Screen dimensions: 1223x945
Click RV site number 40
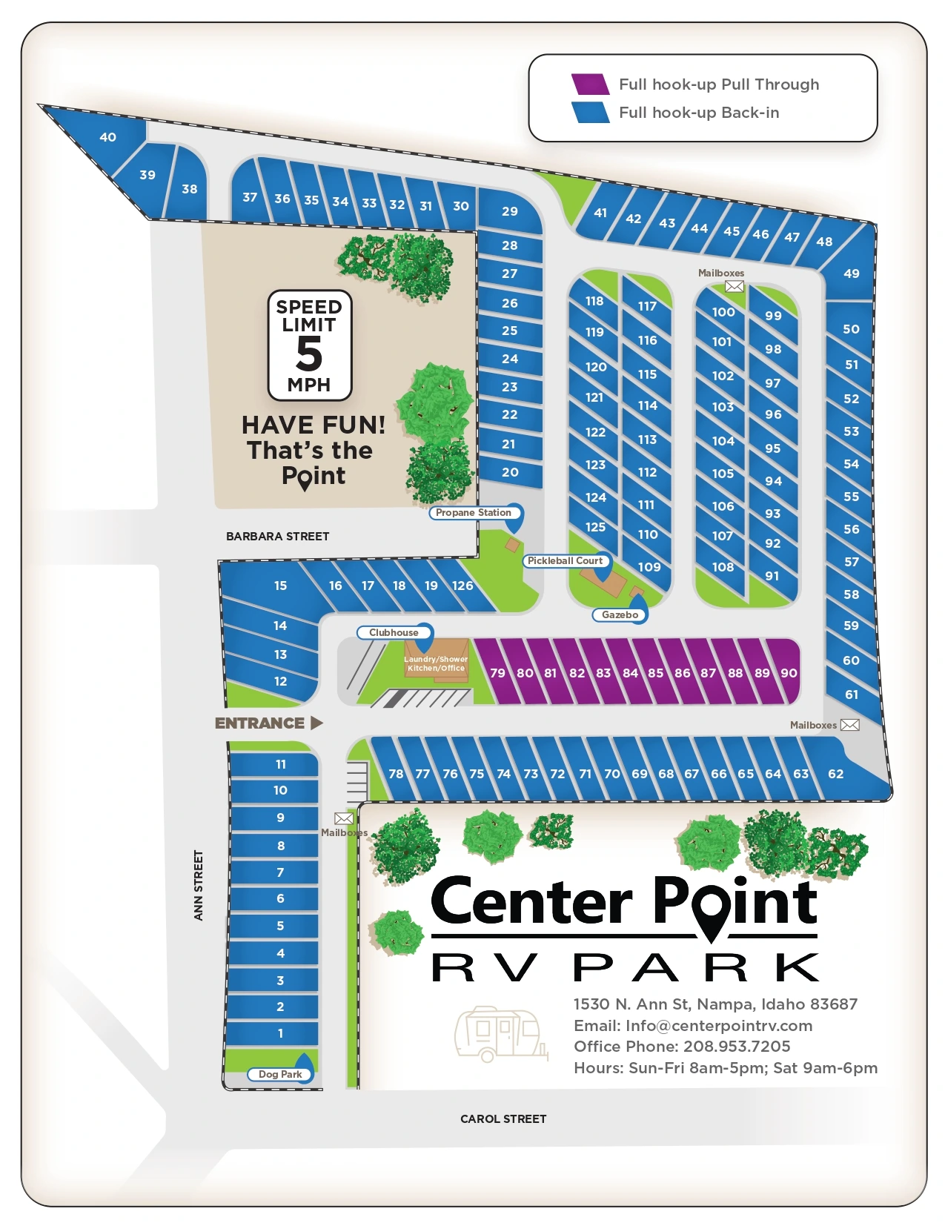pos(107,137)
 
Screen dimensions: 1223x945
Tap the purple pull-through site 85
pos(656,673)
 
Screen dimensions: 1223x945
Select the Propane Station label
pos(474,512)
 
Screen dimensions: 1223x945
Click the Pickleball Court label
pos(565,561)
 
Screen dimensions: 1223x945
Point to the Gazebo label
pos(620,614)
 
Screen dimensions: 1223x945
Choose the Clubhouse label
pos(394,632)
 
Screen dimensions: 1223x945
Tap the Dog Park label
pos(280,1074)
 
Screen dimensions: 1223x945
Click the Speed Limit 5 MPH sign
pos(309,345)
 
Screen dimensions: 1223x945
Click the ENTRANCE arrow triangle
pos(317,723)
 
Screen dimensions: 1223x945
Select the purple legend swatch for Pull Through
pos(590,84)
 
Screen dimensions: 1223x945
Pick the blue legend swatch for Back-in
pos(590,113)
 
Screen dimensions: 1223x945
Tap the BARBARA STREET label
pos(277,536)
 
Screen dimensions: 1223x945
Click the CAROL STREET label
pos(503,1118)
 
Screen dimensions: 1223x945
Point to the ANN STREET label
pos(198,885)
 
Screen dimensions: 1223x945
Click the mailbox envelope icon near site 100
pos(734,286)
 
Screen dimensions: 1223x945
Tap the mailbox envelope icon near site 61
pos(850,725)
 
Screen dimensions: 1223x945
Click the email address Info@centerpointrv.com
pos(719,1025)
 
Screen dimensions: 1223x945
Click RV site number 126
pos(462,586)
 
